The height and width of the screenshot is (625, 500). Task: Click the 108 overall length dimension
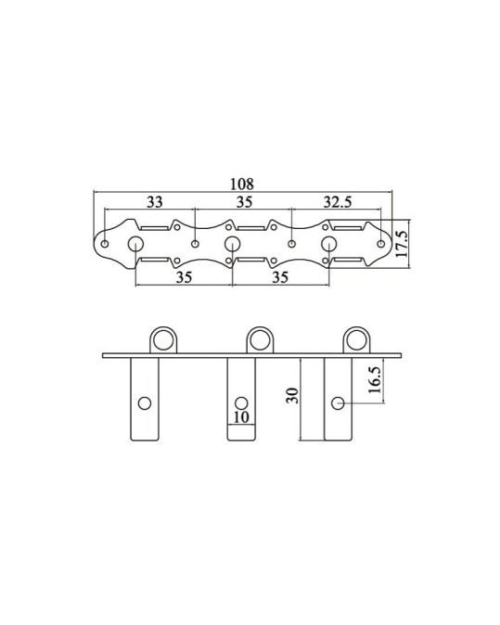click(x=242, y=185)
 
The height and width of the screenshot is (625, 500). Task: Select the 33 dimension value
click(x=155, y=202)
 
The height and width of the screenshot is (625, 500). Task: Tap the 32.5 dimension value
click(x=338, y=202)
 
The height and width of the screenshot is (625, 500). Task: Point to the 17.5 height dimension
click(x=402, y=244)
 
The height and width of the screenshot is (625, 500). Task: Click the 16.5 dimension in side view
click(x=375, y=380)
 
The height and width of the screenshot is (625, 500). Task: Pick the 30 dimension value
click(x=292, y=395)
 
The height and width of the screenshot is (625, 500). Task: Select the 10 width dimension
click(x=241, y=417)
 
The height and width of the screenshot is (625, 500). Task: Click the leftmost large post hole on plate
click(x=135, y=244)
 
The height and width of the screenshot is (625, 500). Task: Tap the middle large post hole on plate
click(x=232, y=244)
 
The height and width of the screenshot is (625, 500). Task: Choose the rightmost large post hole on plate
click(x=329, y=244)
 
